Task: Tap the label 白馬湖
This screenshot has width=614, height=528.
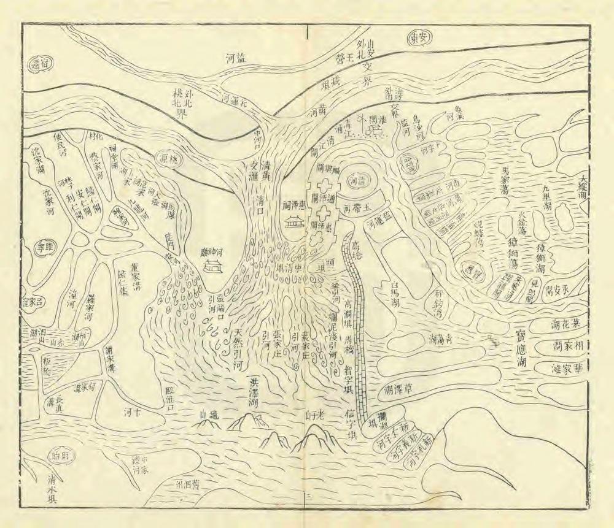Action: (394, 294)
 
